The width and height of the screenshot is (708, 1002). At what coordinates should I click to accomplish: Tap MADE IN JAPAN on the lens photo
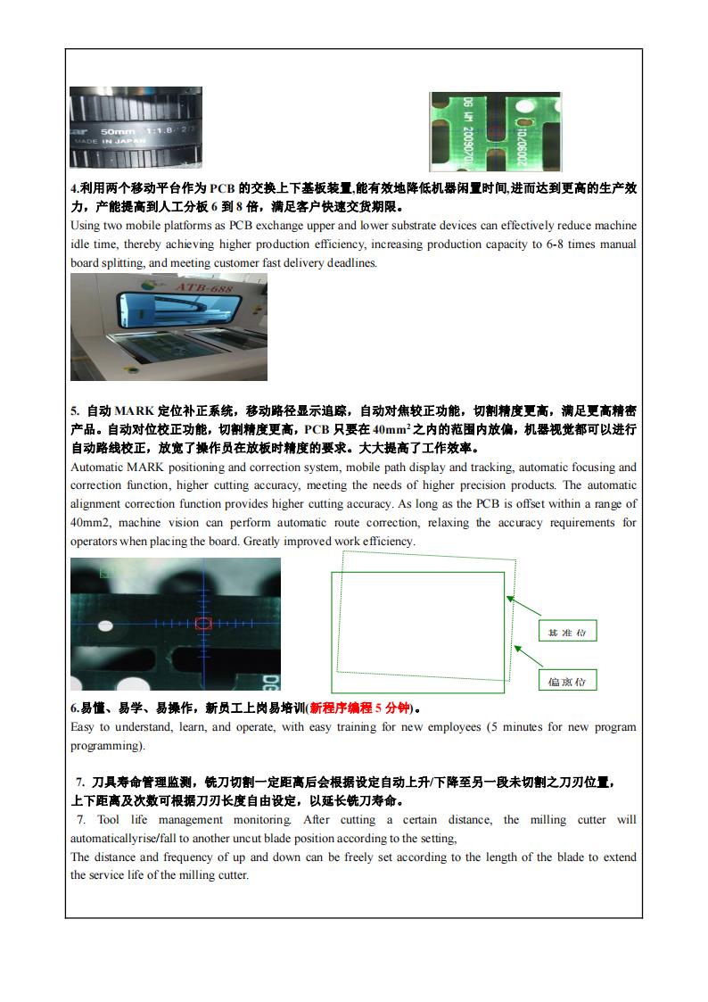[x=107, y=141]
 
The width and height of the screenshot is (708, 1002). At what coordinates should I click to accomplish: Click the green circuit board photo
[x=495, y=131]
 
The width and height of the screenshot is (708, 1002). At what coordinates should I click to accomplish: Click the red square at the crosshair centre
[x=203, y=623]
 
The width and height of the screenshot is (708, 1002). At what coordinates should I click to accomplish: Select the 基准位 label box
[x=567, y=632]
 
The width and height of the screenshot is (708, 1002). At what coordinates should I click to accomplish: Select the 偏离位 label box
[x=567, y=682]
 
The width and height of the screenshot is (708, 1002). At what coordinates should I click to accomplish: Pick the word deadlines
[x=352, y=262]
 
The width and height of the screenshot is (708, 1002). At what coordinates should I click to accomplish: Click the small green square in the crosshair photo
[x=106, y=571]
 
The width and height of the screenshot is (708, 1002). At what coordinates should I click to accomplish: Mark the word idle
[x=82, y=244]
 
